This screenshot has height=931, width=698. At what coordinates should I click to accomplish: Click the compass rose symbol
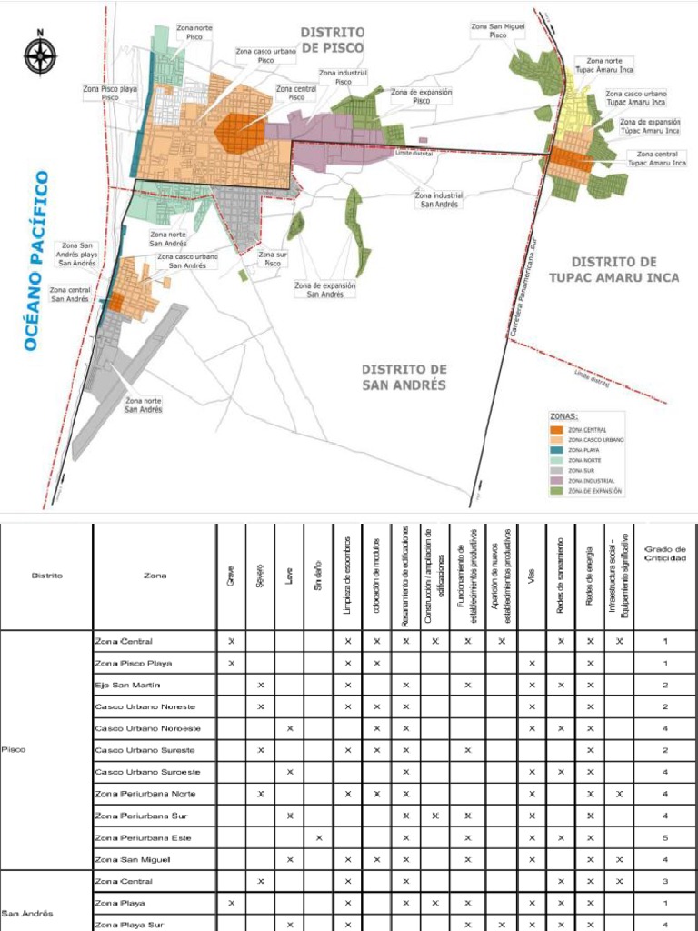[40, 55]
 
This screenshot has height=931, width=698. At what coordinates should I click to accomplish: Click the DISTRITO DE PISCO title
[333, 39]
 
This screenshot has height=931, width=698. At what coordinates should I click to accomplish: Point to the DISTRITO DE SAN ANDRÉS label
[404, 376]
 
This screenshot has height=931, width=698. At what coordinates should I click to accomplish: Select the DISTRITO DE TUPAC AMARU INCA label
[613, 269]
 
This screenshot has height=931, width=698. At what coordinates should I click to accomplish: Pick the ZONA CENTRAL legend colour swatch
[557, 430]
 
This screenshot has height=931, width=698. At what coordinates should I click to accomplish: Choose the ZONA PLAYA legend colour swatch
[557, 450]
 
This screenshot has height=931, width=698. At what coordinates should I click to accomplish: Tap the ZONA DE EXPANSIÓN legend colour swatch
[557, 491]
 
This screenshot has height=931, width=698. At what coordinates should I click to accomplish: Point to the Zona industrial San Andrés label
[438, 199]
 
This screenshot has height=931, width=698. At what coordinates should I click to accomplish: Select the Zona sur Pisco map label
[272, 258]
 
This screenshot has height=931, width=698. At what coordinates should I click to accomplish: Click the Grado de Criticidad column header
[665, 554]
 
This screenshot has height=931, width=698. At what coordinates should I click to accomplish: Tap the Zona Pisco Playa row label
[133, 663]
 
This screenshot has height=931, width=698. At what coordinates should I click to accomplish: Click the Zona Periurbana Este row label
[143, 837]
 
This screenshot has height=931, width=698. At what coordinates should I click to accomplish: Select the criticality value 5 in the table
[665, 837]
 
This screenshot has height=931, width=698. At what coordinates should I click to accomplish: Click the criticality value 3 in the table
[665, 881]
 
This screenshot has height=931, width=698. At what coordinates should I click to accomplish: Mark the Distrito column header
[46, 575]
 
